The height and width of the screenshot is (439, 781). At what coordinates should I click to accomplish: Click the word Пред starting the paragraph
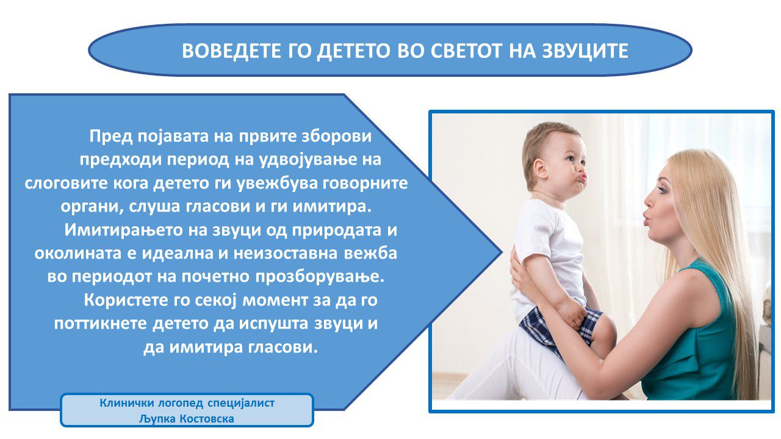[111, 136]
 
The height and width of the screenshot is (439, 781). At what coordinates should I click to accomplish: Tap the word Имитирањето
[123, 230]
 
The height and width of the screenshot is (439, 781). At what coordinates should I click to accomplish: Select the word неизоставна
[285, 253]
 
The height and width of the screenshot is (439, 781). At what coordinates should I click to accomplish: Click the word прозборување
[320, 277]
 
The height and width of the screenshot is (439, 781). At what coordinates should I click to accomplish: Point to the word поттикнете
[101, 324]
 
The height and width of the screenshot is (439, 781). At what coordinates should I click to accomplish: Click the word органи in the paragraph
[91, 207]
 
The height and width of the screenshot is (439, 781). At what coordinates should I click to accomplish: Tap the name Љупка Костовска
[187, 419]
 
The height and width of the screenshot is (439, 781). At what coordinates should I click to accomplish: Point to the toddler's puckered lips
[582, 177]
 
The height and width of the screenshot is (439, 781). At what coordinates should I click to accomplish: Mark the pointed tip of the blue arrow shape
[502, 252]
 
